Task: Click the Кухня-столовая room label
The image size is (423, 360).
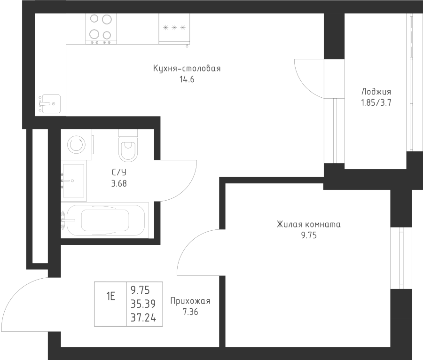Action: point(187,69)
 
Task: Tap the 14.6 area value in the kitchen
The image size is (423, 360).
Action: point(187,79)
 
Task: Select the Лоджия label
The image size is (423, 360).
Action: point(376,92)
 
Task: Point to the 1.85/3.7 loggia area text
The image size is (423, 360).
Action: point(376,103)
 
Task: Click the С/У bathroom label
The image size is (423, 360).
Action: point(119,172)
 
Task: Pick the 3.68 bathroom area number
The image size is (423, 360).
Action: point(119,184)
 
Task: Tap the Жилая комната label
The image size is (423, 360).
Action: point(309,224)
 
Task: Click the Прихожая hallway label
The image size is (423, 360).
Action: point(190,301)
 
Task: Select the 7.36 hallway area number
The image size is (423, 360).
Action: point(190,312)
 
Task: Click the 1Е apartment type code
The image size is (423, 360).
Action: point(110,297)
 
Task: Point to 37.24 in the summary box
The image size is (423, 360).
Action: point(143,318)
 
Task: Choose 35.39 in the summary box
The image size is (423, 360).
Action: point(143,304)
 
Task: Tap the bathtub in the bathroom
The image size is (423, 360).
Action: point(105,220)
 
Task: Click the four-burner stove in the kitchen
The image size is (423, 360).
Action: point(101,29)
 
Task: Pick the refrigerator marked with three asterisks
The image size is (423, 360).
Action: point(174,29)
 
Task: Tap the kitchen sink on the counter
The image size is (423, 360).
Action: point(50,104)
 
